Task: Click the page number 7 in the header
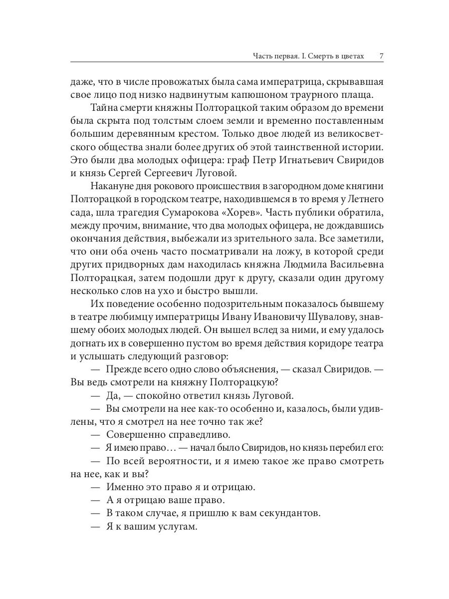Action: [x=381, y=55]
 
